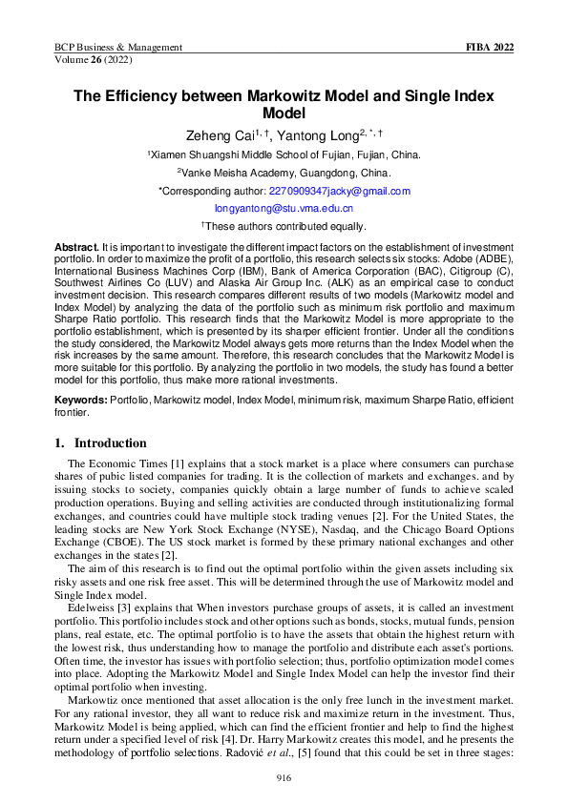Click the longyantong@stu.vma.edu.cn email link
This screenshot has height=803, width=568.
[x=284, y=208]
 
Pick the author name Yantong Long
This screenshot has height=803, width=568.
[x=329, y=136]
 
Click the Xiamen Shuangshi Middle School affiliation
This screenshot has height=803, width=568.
[x=284, y=154]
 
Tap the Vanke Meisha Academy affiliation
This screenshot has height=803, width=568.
[x=284, y=173]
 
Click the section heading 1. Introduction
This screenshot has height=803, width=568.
[x=100, y=443]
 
